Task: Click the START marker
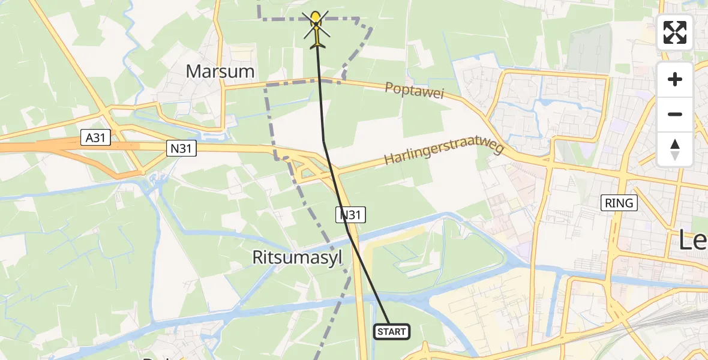tap(392, 332)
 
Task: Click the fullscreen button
tap(675, 32)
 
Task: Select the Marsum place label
tap(220, 71)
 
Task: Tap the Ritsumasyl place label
tap(297, 258)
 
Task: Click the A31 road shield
tap(95, 139)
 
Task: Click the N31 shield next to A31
tap(182, 148)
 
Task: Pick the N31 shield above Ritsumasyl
tap(351, 214)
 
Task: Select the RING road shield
tap(619, 203)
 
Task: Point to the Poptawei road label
tap(418, 94)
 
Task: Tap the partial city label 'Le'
tap(693, 241)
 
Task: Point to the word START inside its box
tap(392, 332)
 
